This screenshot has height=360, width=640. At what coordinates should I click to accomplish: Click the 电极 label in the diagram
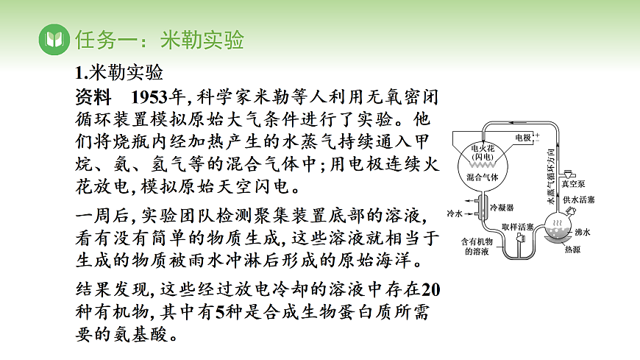523,138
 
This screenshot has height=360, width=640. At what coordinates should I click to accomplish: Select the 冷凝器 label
502,208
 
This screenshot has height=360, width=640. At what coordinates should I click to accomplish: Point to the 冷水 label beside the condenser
455,213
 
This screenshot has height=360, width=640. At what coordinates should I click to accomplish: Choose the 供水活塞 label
578,200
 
